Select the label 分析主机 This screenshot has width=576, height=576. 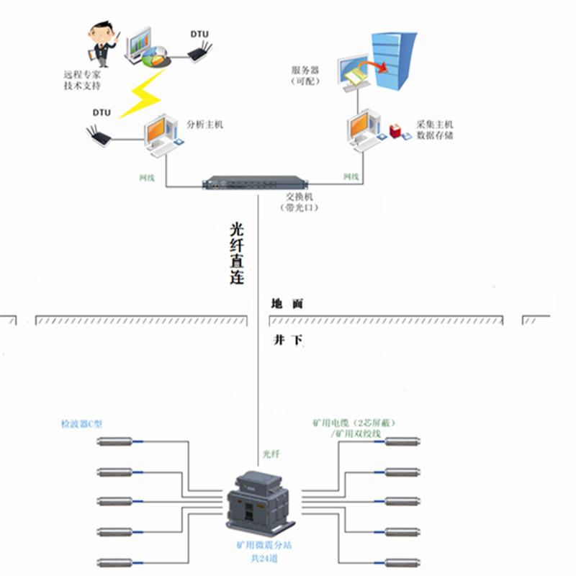(205, 124)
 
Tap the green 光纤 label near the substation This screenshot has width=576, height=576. (271, 454)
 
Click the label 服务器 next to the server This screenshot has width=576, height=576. (305, 71)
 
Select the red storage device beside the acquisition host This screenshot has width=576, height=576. (395, 131)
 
